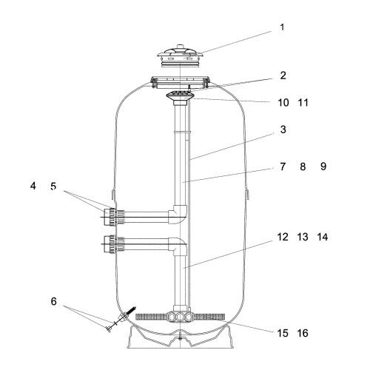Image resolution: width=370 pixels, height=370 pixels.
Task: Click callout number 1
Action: point(283,27)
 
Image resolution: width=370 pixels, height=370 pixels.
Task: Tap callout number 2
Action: point(283,75)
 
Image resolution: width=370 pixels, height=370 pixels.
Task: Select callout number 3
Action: point(283,129)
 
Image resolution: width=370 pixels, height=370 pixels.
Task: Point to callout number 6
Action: point(53,301)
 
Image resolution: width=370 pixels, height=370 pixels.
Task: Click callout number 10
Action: point(283,103)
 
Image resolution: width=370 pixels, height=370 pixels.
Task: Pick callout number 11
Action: point(303,103)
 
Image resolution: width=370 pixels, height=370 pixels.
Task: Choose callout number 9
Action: point(323,166)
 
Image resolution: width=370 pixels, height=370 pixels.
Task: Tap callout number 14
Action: point(323,237)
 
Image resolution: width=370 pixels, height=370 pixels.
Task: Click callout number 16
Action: point(303,333)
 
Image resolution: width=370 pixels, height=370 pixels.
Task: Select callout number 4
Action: point(33,186)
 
